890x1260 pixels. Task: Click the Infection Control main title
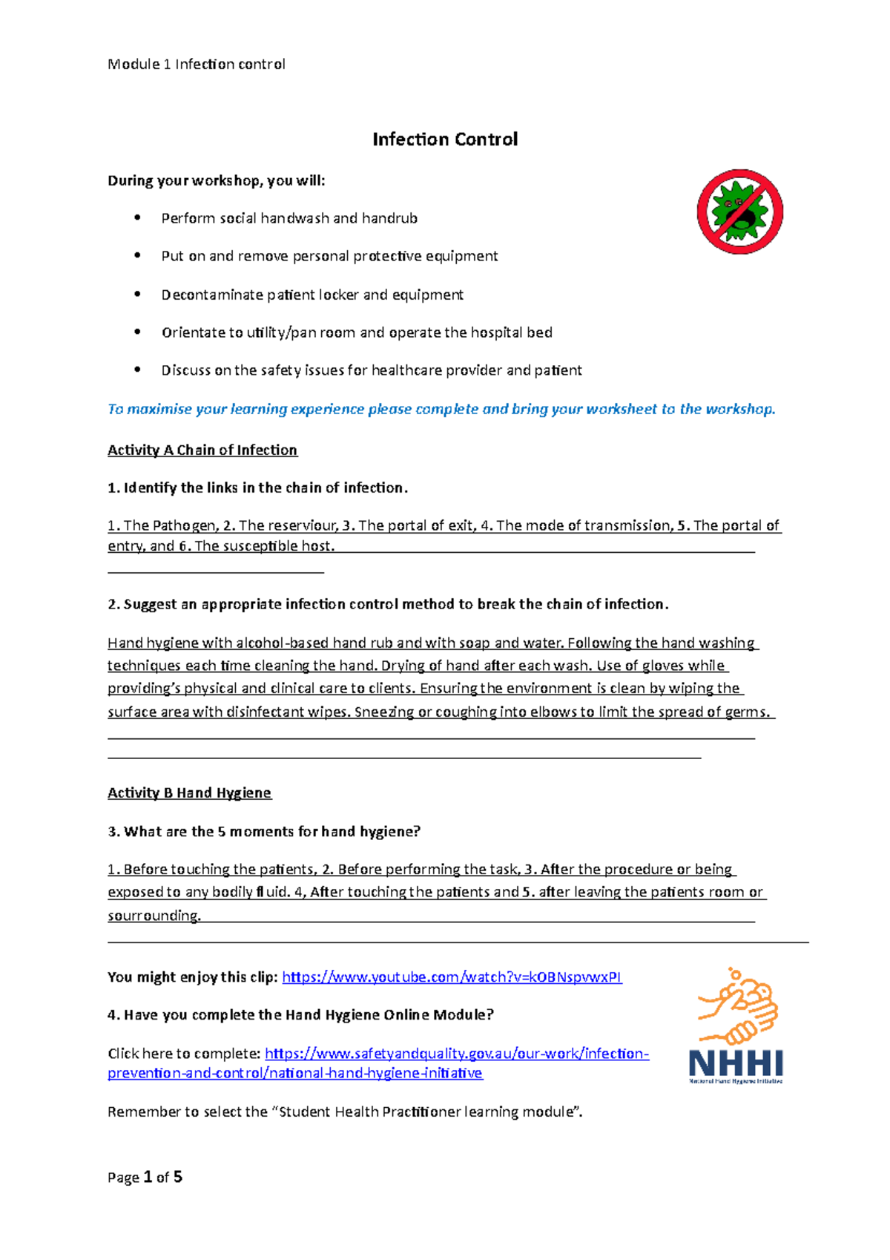(x=444, y=140)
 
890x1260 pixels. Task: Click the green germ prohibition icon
(x=739, y=211)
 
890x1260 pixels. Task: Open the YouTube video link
(x=452, y=977)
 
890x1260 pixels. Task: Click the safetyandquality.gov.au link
(x=456, y=1054)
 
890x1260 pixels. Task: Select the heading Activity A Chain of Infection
(x=202, y=450)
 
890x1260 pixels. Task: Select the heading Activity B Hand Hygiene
(x=189, y=793)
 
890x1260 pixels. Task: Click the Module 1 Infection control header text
(x=196, y=65)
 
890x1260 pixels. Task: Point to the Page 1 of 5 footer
(x=145, y=1178)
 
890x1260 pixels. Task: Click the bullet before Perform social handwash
(x=137, y=217)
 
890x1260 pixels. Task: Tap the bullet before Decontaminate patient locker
(x=137, y=295)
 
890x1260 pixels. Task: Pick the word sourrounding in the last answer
(x=154, y=916)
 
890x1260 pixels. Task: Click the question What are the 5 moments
(x=264, y=832)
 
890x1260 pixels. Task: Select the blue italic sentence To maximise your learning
(x=441, y=410)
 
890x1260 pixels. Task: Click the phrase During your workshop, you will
(x=216, y=181)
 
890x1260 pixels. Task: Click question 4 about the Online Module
(x=300, y=1015)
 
